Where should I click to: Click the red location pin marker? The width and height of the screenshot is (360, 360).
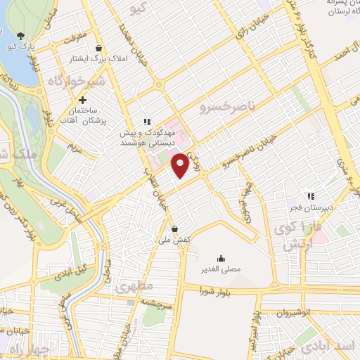tap(181, 165)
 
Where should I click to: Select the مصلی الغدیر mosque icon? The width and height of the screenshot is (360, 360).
tap(221, 257)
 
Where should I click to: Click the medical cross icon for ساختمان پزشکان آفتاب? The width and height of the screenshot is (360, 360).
tap(82, 100)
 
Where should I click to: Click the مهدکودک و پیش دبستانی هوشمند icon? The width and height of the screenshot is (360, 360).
tap(147, 120)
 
